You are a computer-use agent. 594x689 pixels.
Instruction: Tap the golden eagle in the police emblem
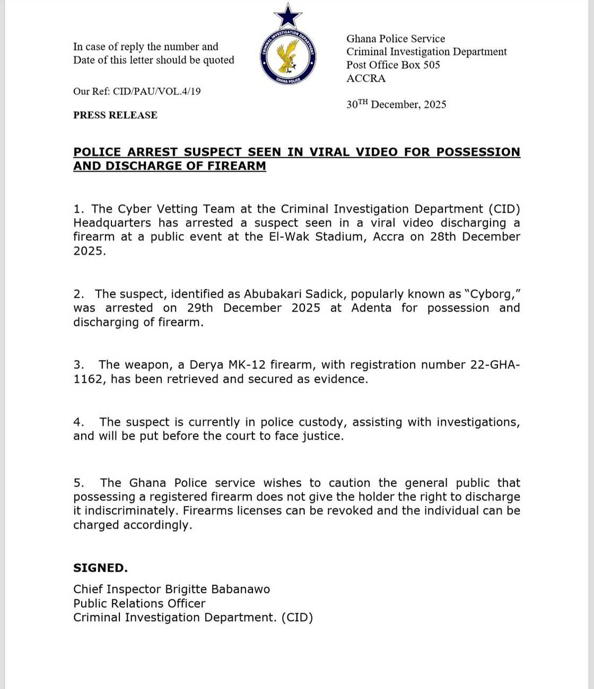288,56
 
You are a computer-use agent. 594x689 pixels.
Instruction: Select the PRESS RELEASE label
115,115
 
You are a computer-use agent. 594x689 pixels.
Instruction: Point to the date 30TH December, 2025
396,104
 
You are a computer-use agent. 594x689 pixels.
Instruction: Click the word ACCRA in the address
366,78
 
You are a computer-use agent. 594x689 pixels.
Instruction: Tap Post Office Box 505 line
393,65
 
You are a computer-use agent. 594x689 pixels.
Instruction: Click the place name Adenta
371,308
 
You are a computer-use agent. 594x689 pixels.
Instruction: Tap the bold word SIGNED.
100,568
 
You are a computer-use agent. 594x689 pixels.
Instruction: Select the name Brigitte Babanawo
217,589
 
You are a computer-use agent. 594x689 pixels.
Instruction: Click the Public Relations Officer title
139,604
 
